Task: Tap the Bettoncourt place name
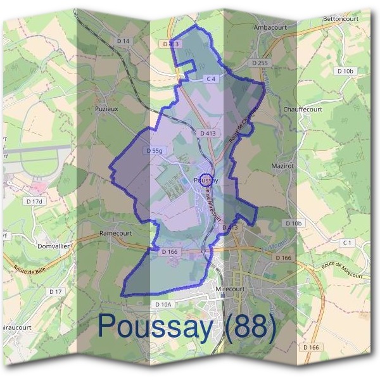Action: (341, 19)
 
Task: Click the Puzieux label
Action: (106, 108)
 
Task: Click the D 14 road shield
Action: (123, 41)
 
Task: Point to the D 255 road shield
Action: (260, 63)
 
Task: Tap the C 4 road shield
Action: (211, 79)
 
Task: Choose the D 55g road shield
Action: (154, 151)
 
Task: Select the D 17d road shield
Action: (34, 201)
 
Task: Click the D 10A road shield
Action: (163, 305)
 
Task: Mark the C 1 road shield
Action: (346, 243)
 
